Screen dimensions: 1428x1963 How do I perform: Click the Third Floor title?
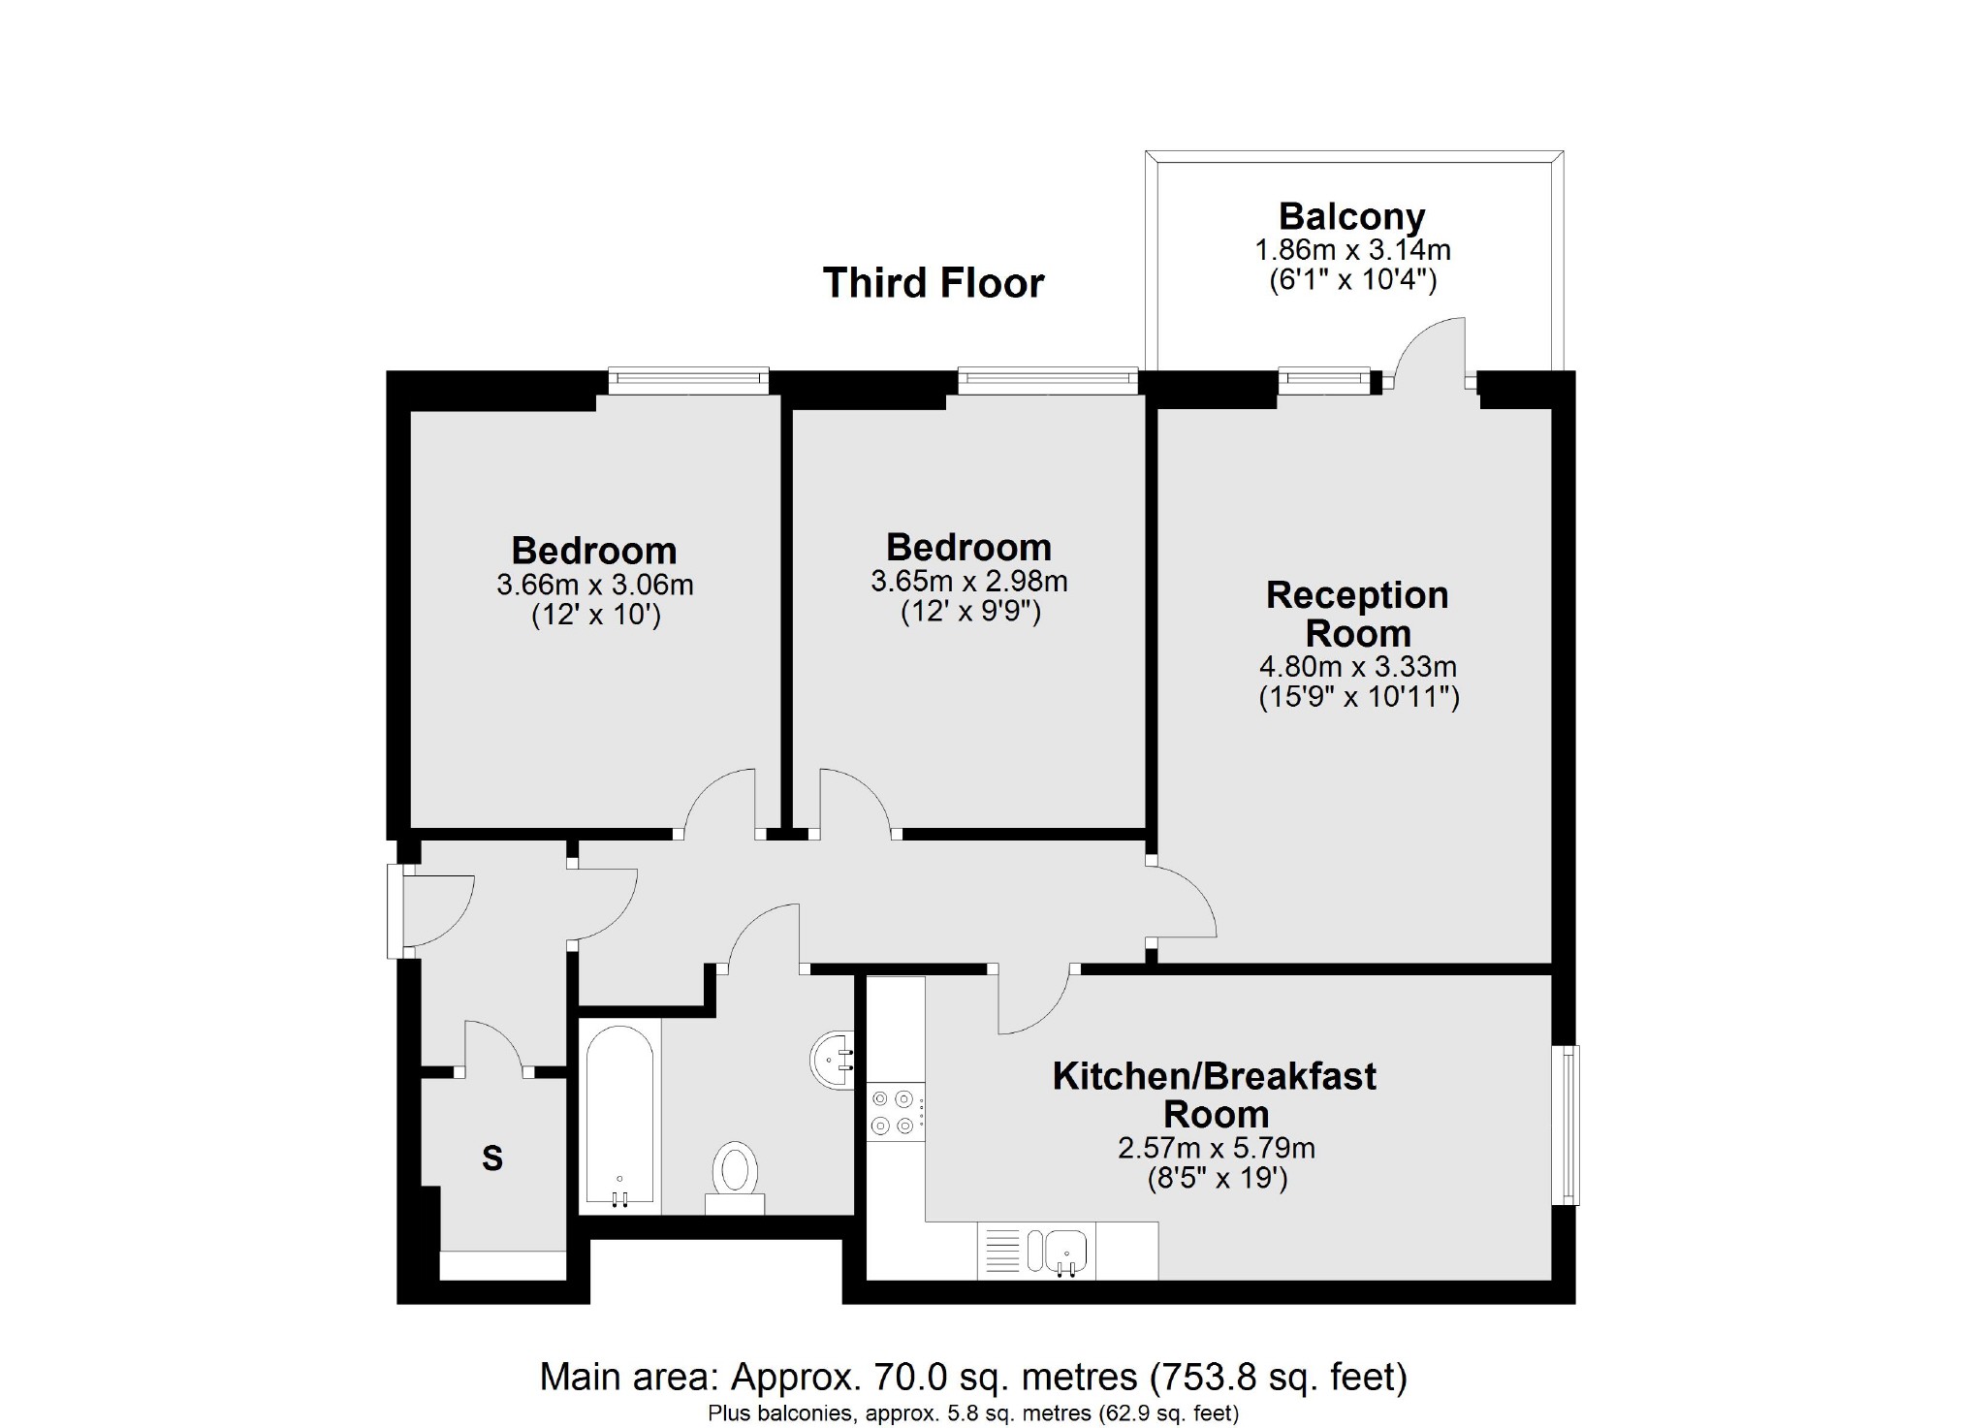pyautogui.click(x=934, y=283)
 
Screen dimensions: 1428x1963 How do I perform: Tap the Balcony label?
pyautogui.click(x=1351, y=216)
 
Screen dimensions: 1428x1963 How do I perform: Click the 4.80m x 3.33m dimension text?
pyautogui.click(x=1357, y=667)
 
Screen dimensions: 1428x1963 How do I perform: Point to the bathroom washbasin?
pyautogui.click(x=832, y=1060)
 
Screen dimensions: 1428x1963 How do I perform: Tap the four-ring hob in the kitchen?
pyautogui.click(x=894, y=1112)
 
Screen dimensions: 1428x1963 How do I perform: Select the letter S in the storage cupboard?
pyautogui.click(x=492, y=1158)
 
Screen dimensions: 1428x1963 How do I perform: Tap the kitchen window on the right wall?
pyautogui.click(x=1566, y=1125)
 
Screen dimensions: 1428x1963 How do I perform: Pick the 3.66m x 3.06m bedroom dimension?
pyautogui.click(x=594, y=586)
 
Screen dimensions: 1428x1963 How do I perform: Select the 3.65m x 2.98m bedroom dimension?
pyautogui.click(x=968, y=582)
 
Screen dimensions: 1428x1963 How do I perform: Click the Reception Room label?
pyautogui.click(x=1357, y=614)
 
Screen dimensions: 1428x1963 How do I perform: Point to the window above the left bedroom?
pyautogui.click(x=688, y=381)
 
